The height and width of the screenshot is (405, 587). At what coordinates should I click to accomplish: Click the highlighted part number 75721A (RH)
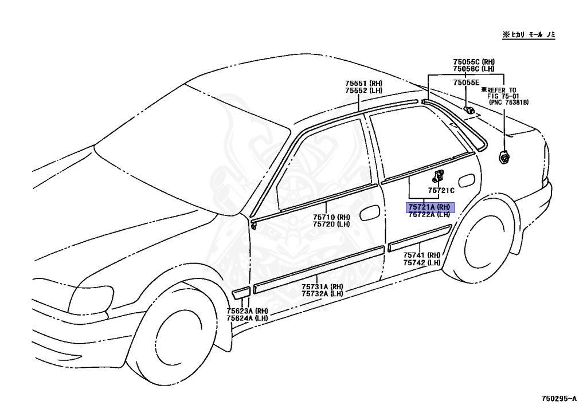click(x=430, y=207)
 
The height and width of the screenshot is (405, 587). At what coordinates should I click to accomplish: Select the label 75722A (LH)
click(x=429, y=215)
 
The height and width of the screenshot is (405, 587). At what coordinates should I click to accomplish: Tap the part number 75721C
click(x=441, y=190)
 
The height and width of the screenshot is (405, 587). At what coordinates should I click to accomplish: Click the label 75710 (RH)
click(x=331, y=217)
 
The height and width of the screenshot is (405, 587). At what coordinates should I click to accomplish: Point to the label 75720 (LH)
click(x=331, y=225)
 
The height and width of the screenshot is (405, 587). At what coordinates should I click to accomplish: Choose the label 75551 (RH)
click(x=363, y=84)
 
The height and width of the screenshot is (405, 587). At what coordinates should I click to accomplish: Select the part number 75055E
click(x=465, y=83)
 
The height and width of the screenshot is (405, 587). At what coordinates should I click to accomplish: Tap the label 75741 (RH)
click(x=421, y=255)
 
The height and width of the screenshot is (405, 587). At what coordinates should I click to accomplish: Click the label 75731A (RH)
click(x=322, y=286)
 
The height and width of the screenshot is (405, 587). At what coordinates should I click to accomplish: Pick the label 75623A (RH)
click(x=246, y=310)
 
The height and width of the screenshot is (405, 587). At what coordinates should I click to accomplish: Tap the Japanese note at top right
click(x=530, y=35)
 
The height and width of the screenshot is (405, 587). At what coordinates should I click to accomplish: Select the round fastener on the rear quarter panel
click(x=504, y=155)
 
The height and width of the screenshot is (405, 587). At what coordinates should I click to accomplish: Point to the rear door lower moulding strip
click(x=419, y=238)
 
